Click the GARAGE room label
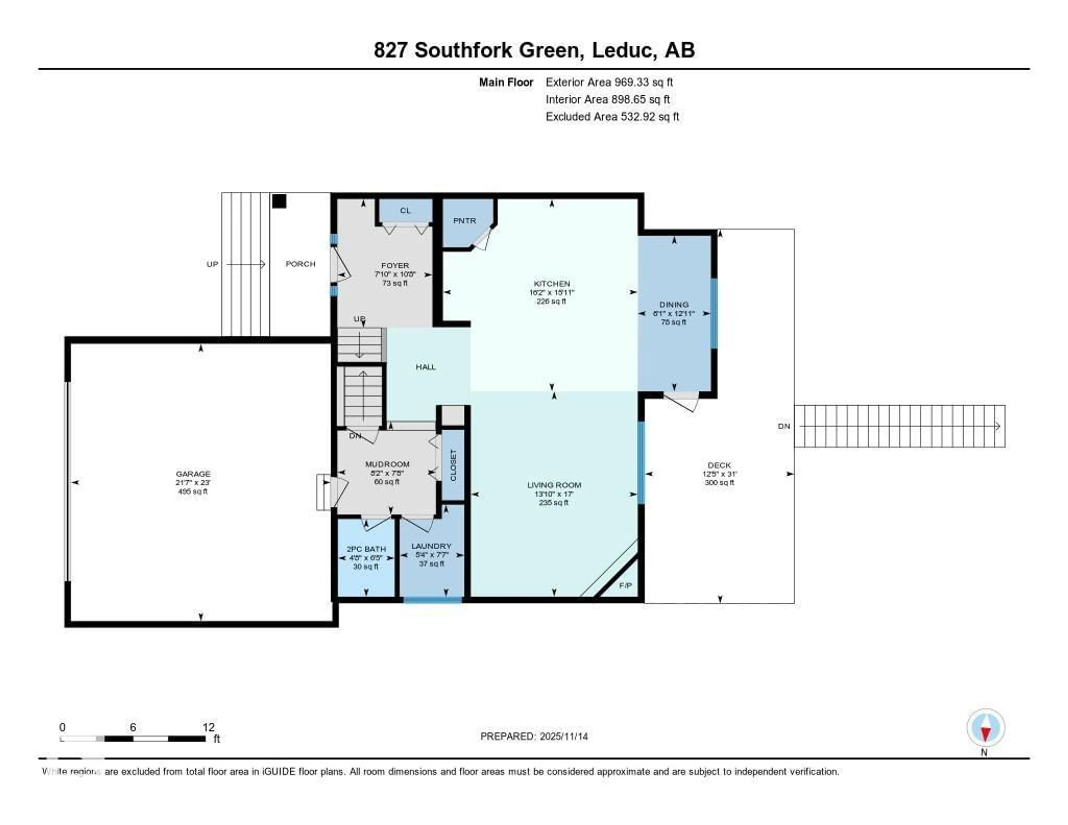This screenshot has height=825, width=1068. (193, 473)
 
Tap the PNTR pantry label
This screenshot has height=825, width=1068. (464, 221)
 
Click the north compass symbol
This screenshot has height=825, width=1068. (985, 728)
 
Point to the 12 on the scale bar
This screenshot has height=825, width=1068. (208, 727)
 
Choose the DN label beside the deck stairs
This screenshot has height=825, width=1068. (783, 426)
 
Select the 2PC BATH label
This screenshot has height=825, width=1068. (366, 549)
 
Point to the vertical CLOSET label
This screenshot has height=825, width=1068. (453, 465)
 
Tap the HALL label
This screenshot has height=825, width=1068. (426, 367)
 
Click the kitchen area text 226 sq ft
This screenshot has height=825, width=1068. (551, 301)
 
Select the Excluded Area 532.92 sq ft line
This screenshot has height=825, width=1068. (612, 116)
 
